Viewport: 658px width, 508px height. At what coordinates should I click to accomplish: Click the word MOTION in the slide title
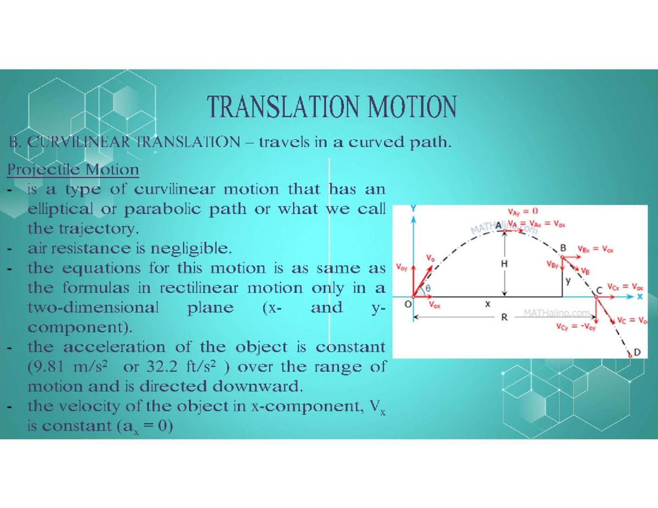click(412, 106)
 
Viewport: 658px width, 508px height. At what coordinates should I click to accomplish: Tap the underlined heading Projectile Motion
click(73, 169)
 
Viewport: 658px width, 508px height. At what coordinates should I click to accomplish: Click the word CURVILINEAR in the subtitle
click(78, 142)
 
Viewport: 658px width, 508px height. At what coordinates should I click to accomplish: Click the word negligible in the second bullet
click(191, 249)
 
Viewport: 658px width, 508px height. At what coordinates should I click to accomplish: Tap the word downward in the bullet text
click(257, 386)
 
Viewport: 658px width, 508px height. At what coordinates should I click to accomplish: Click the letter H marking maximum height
click(504, 264)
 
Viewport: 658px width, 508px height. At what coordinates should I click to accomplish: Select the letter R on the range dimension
click(504, 317)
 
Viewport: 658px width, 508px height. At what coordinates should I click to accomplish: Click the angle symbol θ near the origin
click(428, 288)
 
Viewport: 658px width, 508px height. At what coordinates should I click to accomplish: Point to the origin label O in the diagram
click(408, 304)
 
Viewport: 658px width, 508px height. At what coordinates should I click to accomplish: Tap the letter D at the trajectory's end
click(637, 352)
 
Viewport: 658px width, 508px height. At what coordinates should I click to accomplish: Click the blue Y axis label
click(413, 208)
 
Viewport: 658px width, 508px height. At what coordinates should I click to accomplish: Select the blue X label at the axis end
click(639, 296)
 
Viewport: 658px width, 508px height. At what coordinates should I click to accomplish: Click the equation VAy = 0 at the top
click(523, 212)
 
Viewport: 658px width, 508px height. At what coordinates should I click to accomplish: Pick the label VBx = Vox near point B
click(595, 249)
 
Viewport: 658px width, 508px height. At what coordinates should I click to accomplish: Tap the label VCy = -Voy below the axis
click(576, 327)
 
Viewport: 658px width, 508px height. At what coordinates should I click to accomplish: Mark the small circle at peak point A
click(504, 231)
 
